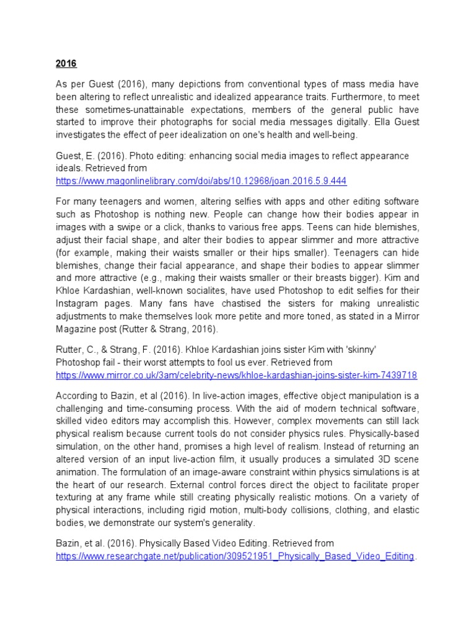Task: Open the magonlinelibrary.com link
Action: pos(201,181)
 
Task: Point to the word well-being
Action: pos(339,135)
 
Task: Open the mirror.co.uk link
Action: pos(236,375)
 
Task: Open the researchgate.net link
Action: pos(234,556)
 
